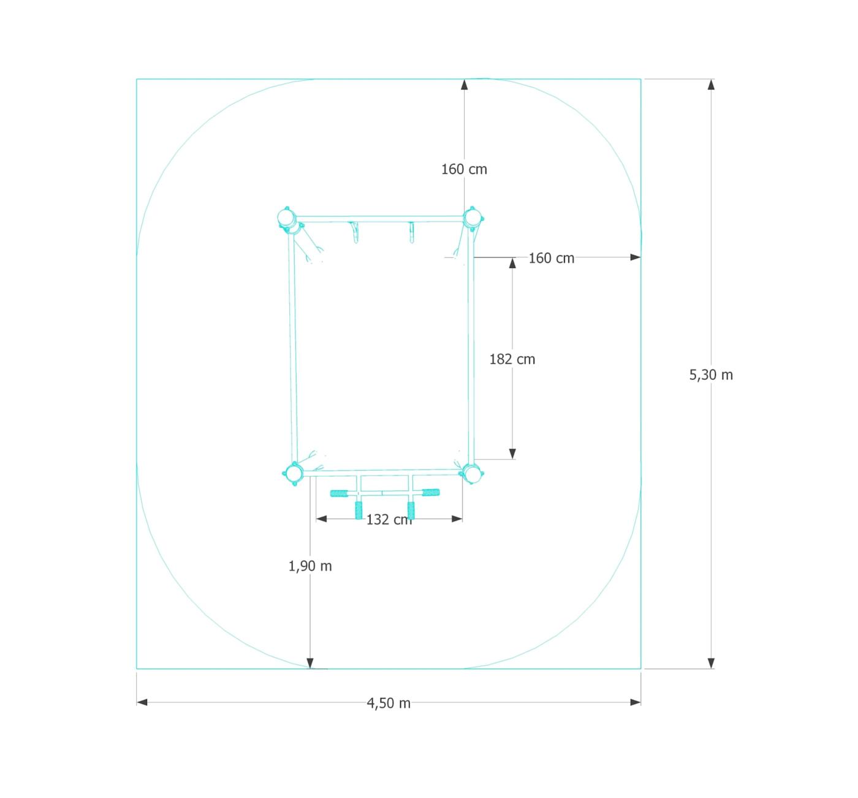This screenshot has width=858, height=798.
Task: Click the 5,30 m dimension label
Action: (x=711, y=374)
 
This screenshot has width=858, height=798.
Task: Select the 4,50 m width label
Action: (x=389, y=703)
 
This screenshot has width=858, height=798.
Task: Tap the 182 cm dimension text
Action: (x=512, y=359)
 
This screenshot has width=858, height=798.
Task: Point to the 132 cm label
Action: (x=389, y=520)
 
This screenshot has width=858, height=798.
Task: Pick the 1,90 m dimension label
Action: (x=310, y=566)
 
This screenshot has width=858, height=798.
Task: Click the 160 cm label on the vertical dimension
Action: (x=464, y=169)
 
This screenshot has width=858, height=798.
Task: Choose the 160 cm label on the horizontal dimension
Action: (x=552, y=258)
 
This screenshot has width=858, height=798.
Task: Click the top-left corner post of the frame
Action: (x=286, y=218)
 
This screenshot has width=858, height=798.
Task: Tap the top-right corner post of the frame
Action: (x=471, y=218)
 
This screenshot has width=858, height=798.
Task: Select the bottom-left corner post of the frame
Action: (x=294, y=473)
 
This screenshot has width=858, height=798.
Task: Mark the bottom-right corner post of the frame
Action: (x=471, y=473)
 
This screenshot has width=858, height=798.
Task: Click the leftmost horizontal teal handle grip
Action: (x=339, y=493)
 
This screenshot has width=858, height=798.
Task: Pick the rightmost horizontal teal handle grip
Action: (x=431, y=492)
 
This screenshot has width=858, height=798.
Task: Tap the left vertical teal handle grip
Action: (x=359, y=510)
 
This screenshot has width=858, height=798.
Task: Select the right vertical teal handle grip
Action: (x=411, y=510)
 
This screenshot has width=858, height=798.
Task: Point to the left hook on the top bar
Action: (x=355, y=232)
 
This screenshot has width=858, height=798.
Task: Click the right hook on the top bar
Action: (x=412, y=232)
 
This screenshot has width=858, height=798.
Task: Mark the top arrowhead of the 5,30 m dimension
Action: (x=711, y=85)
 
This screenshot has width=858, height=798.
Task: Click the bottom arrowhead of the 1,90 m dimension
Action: (x=310, y=663)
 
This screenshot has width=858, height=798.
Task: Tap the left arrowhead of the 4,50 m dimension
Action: (x=142, y=702)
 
